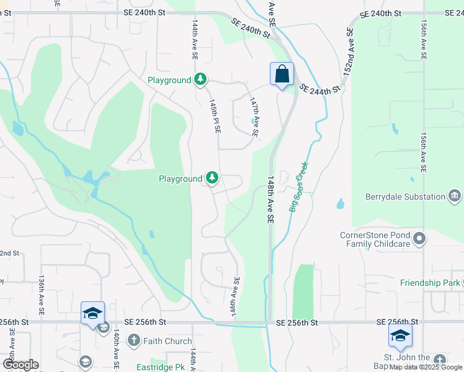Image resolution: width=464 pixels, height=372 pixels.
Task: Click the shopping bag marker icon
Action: point(282,74)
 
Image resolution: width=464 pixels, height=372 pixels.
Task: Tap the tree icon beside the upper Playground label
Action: point(200,80)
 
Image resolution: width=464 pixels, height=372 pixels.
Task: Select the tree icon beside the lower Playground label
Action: point(212,179)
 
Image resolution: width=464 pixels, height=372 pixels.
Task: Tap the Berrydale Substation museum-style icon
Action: point(455,197)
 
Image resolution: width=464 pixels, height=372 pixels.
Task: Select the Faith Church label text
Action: point(167,340)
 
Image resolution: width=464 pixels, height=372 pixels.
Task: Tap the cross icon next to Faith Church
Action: point(133,340)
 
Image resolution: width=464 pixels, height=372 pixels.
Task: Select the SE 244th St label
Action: point(320,89)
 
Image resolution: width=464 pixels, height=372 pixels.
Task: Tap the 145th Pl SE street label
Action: point(215,117)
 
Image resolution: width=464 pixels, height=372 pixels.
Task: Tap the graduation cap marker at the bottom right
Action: point(400,335)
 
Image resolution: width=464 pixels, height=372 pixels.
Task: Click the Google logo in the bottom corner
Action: point(20,365)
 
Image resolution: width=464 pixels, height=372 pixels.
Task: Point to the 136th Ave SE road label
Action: point(42,296)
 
